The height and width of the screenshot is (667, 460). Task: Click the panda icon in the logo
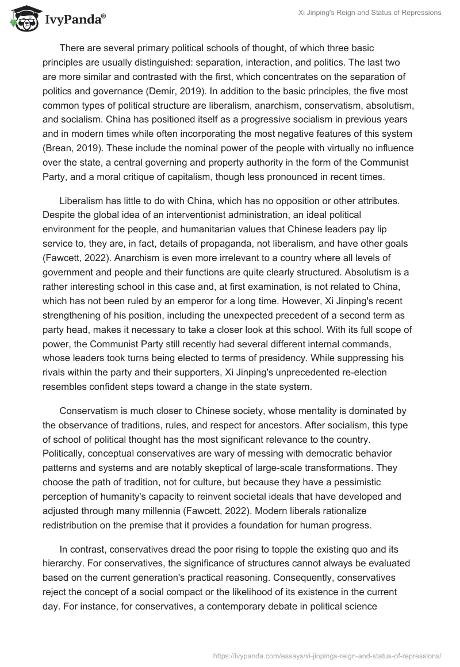(x=22, y=21)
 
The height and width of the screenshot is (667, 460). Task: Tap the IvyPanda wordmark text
(x=74, y=22)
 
